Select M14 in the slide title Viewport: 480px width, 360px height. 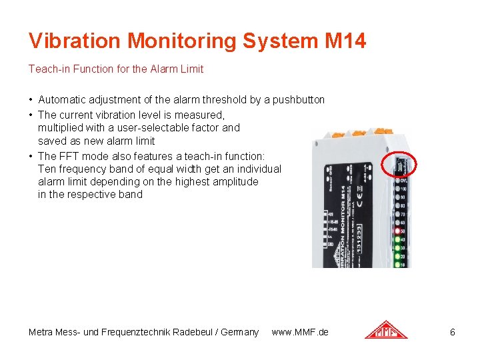345,41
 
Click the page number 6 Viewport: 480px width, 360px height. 453,332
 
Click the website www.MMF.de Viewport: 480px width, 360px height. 300,332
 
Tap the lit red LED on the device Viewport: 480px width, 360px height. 397,231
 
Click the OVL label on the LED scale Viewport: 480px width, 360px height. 404,180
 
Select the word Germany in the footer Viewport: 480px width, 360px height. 240,332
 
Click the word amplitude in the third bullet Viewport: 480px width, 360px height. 235,182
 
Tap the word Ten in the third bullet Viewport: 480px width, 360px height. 47,169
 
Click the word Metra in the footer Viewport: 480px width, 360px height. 42,332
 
